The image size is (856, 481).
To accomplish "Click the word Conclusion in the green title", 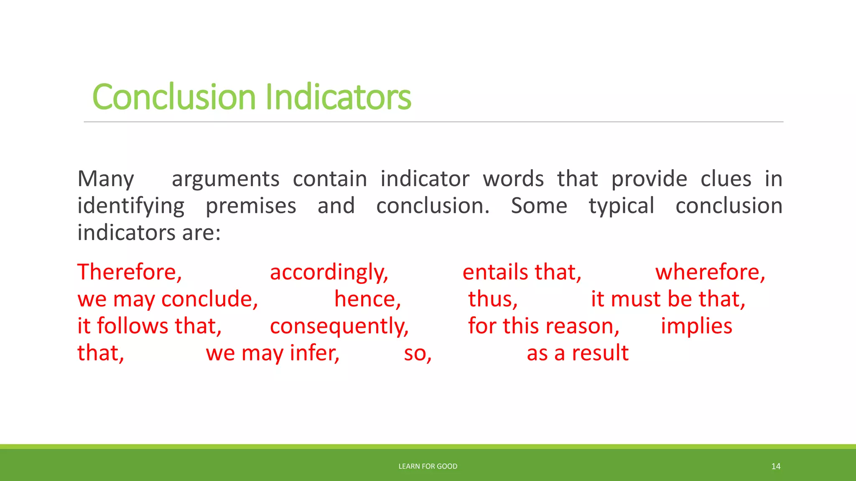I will click(x=173, y=97).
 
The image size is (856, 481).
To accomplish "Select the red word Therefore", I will click(x=129, y=272).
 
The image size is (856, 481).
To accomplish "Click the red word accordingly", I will click(x=329, y=272).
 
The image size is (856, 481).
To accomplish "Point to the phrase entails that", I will click(x=522, y=272).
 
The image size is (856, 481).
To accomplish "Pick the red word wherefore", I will click(x=710, y=272).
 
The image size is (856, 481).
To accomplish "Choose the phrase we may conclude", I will click(x=167, y=299).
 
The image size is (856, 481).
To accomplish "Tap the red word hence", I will click(x=367, y=299).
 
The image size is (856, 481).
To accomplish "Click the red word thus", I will click(x=492, y=299).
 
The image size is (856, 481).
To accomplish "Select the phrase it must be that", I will click(x=668, y=299).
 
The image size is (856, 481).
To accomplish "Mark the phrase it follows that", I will click(x=149, y=326).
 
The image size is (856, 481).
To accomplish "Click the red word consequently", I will click(x=339, y=326).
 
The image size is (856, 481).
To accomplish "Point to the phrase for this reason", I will click(x=543, y=326).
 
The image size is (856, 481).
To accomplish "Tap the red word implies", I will click(x=696, y=326).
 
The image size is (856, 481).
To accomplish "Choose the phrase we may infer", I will click(x=273, y=353).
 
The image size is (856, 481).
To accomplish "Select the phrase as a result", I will click(x=577, y=353).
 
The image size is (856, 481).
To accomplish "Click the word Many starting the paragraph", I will click(x=106, y=179).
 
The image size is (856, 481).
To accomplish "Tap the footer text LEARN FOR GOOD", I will click(x=428, y=466).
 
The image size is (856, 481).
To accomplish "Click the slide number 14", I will click(x=776, y=466).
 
